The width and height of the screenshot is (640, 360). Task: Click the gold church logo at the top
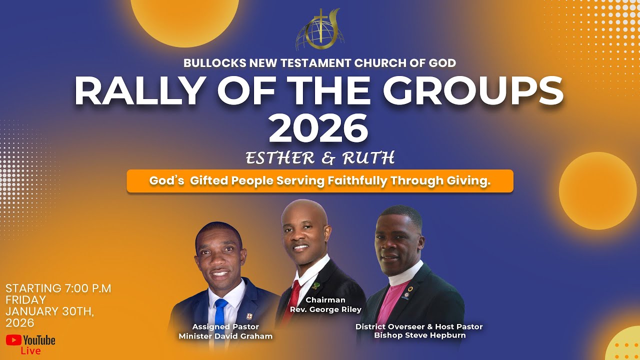pos(320,30)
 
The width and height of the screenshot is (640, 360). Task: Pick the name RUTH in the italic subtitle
pos(367,158)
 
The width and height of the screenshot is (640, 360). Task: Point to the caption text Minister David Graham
pos(225,336)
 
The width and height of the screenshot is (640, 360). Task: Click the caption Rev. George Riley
pos(325,309)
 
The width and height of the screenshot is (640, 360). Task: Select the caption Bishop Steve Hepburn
pos(419,335)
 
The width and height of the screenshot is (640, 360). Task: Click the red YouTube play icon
pos(13,340)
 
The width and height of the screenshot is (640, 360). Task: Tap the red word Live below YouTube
pos(30,351)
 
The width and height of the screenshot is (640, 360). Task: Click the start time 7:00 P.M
pos(87,288)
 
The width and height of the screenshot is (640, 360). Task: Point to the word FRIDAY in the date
pos(25,300)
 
